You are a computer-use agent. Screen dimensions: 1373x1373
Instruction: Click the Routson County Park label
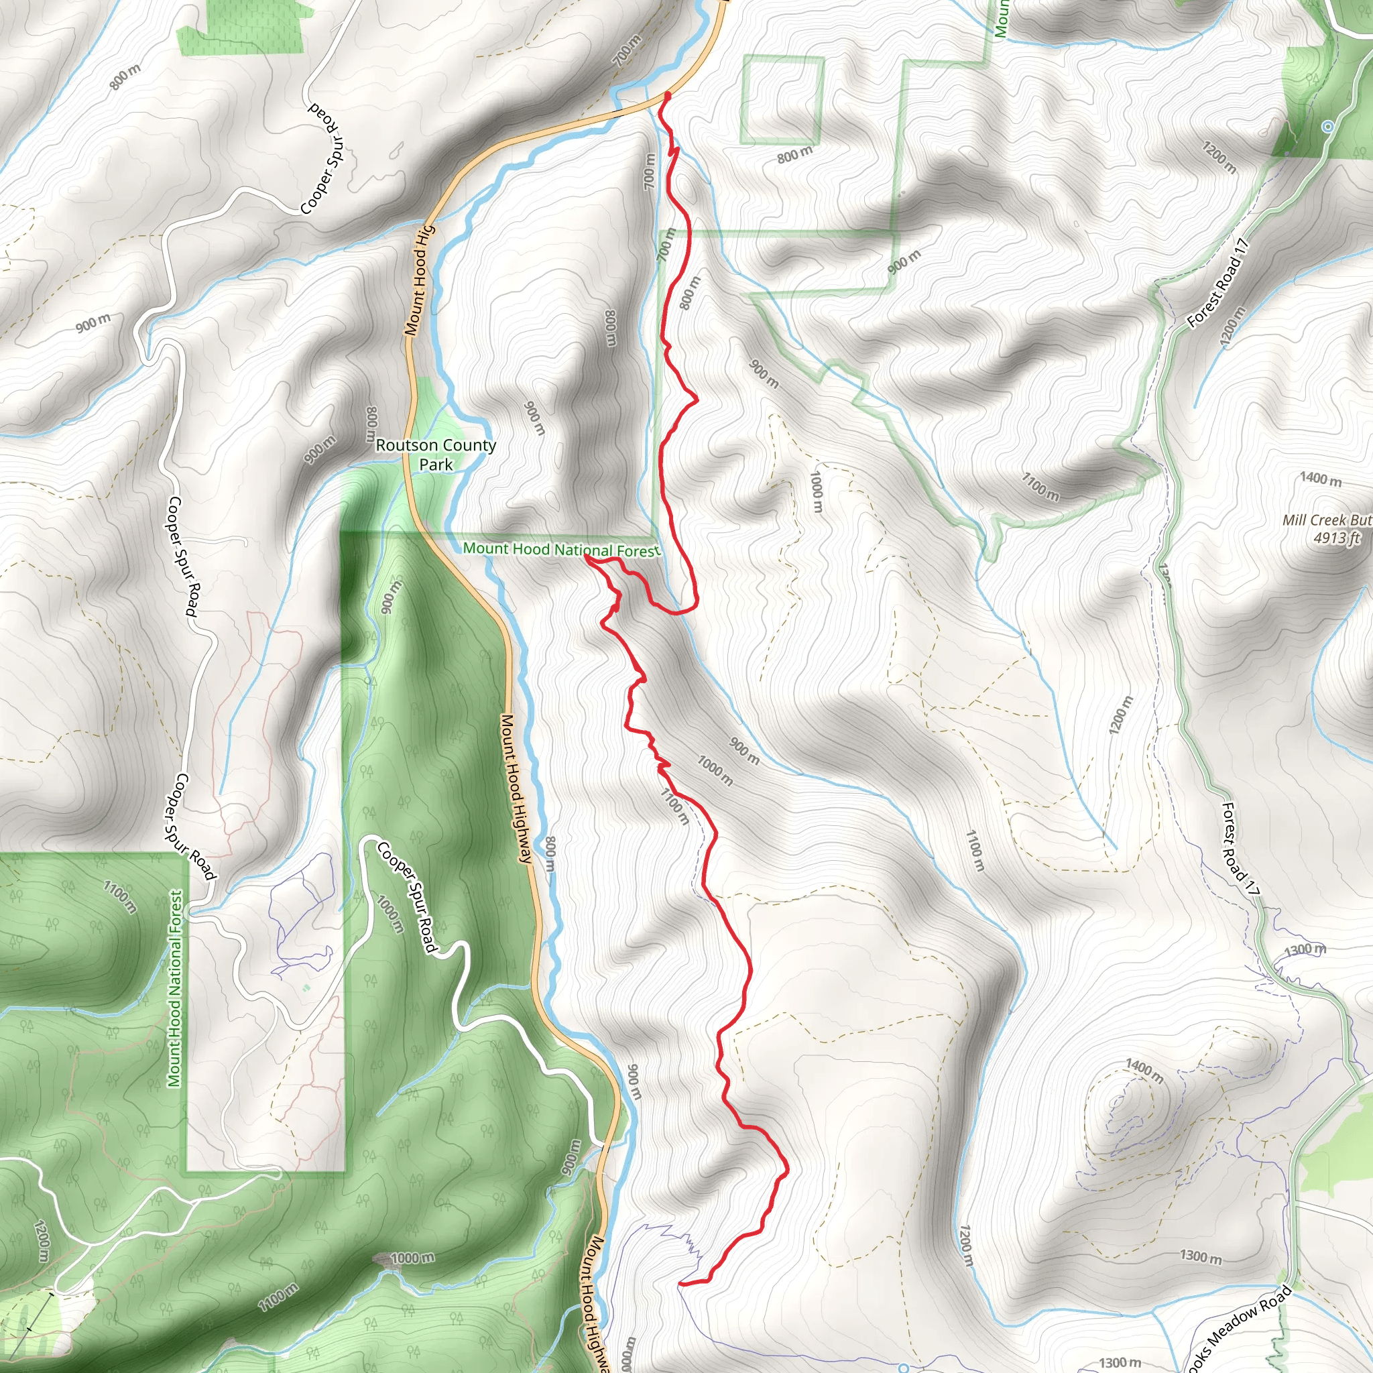[x=436, y=455]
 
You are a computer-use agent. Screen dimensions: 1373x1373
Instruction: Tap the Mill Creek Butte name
[x=1326, y=520]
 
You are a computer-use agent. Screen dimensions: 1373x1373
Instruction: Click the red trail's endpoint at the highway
[x=667, y=95]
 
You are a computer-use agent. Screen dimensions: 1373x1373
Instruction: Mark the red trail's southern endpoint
[x=681, y=1283]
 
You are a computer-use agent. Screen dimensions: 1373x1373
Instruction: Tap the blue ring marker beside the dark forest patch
[x=1327, y=127]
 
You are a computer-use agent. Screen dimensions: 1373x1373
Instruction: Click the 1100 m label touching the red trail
[x=674, y=806]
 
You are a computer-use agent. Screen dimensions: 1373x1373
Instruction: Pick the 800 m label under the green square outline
[x=794, y=154]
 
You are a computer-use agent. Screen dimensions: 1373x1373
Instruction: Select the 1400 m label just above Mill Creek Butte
[x=1321, y=480]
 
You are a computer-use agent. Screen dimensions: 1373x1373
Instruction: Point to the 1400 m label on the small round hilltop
[x=1144, y=1070]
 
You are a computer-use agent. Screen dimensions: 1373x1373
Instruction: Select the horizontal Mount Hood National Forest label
[x=561, y=549]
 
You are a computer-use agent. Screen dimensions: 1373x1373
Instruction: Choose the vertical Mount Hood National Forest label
[x=175, y=988]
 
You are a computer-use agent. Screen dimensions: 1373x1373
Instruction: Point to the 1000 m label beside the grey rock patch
[x=412, y=1258]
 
